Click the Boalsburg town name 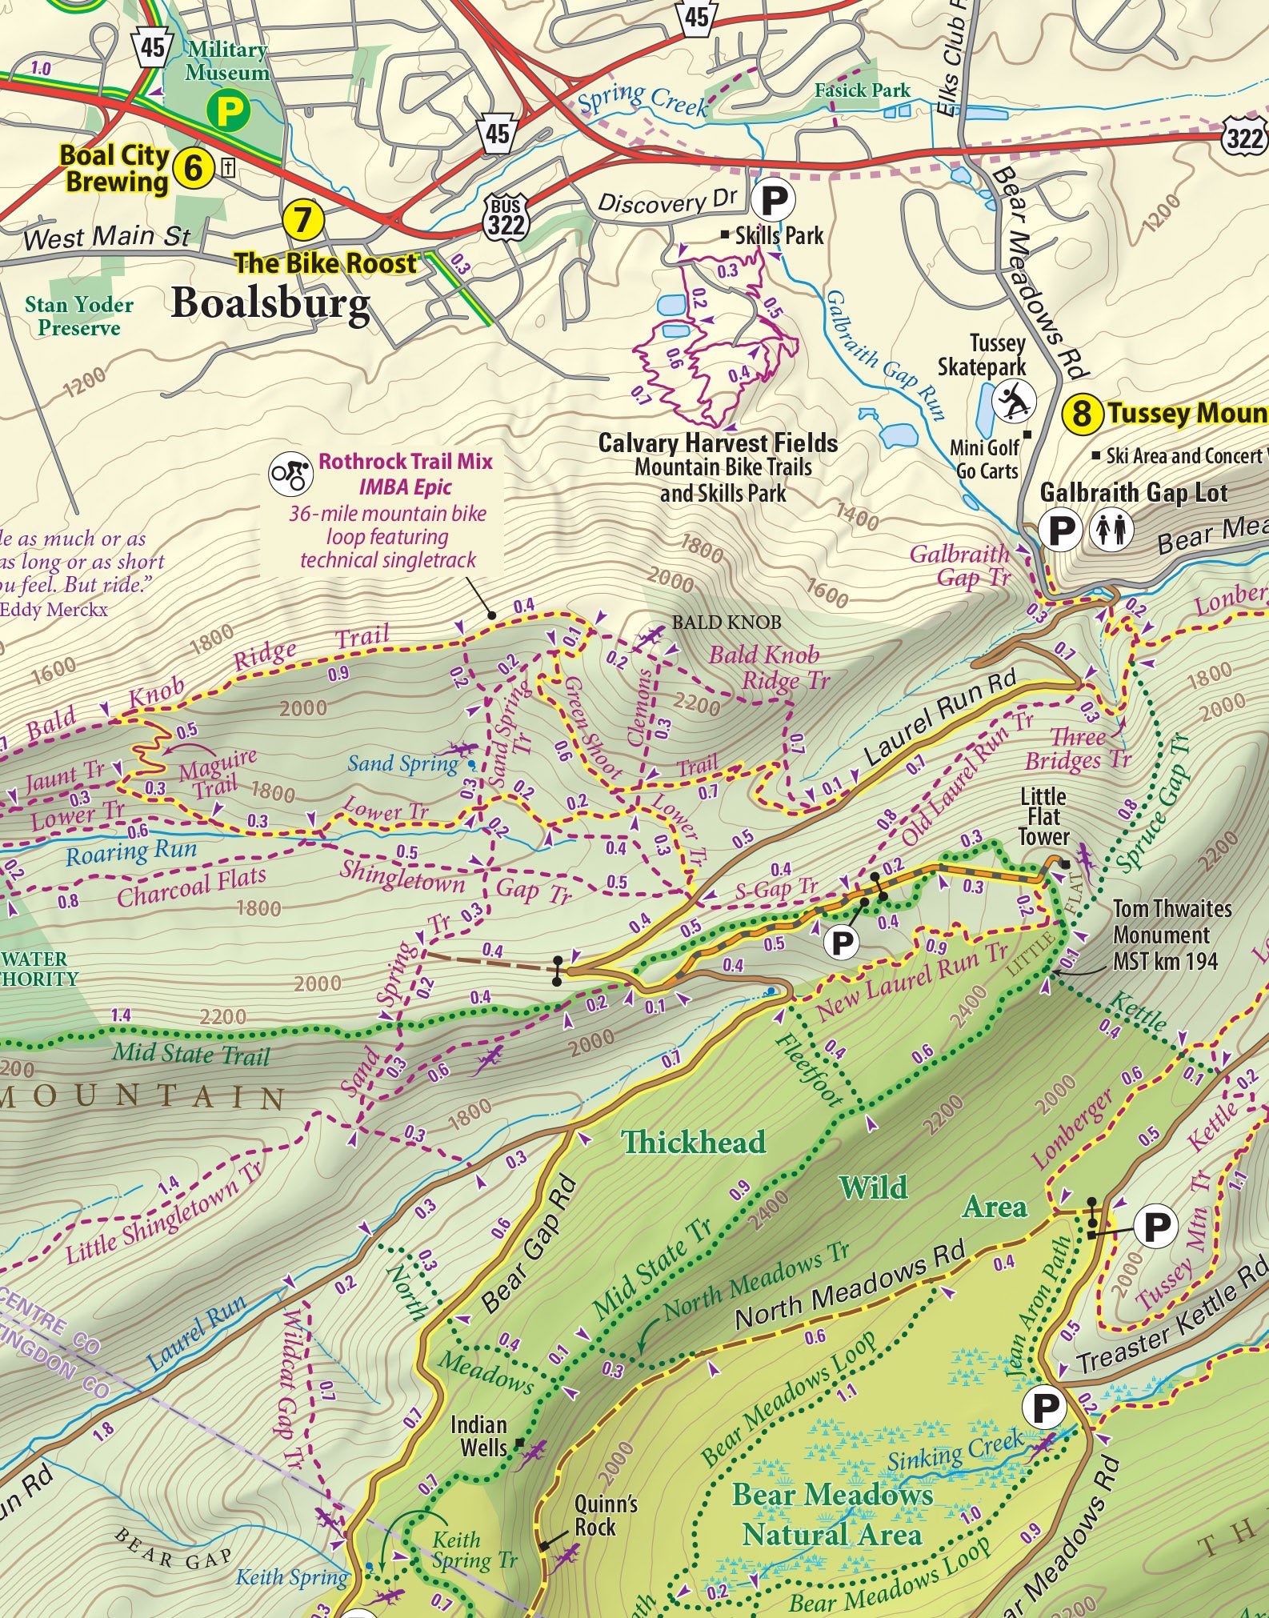(270, 304)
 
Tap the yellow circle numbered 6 (193, 168)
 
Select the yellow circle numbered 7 (303, 219)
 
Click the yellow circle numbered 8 (1081, 414)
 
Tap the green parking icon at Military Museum (228, 111)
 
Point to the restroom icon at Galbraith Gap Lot (1112, 530)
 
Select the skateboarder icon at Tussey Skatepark (1014, 402)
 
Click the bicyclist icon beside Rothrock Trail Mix (290, 474)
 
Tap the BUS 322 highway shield (506, 217)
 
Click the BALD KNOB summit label (726, 622)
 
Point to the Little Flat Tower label (1043, 817)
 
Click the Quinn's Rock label (606, 1515)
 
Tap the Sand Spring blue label (402, 764)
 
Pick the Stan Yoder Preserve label (78, 316)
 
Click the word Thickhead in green (693, 1142)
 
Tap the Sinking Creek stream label (955, 1451)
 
